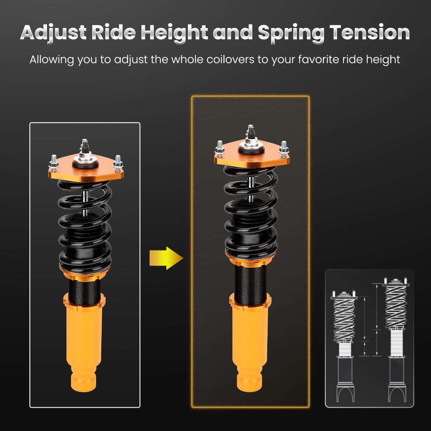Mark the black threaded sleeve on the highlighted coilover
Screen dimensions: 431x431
251,280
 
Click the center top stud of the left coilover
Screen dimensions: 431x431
84,147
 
